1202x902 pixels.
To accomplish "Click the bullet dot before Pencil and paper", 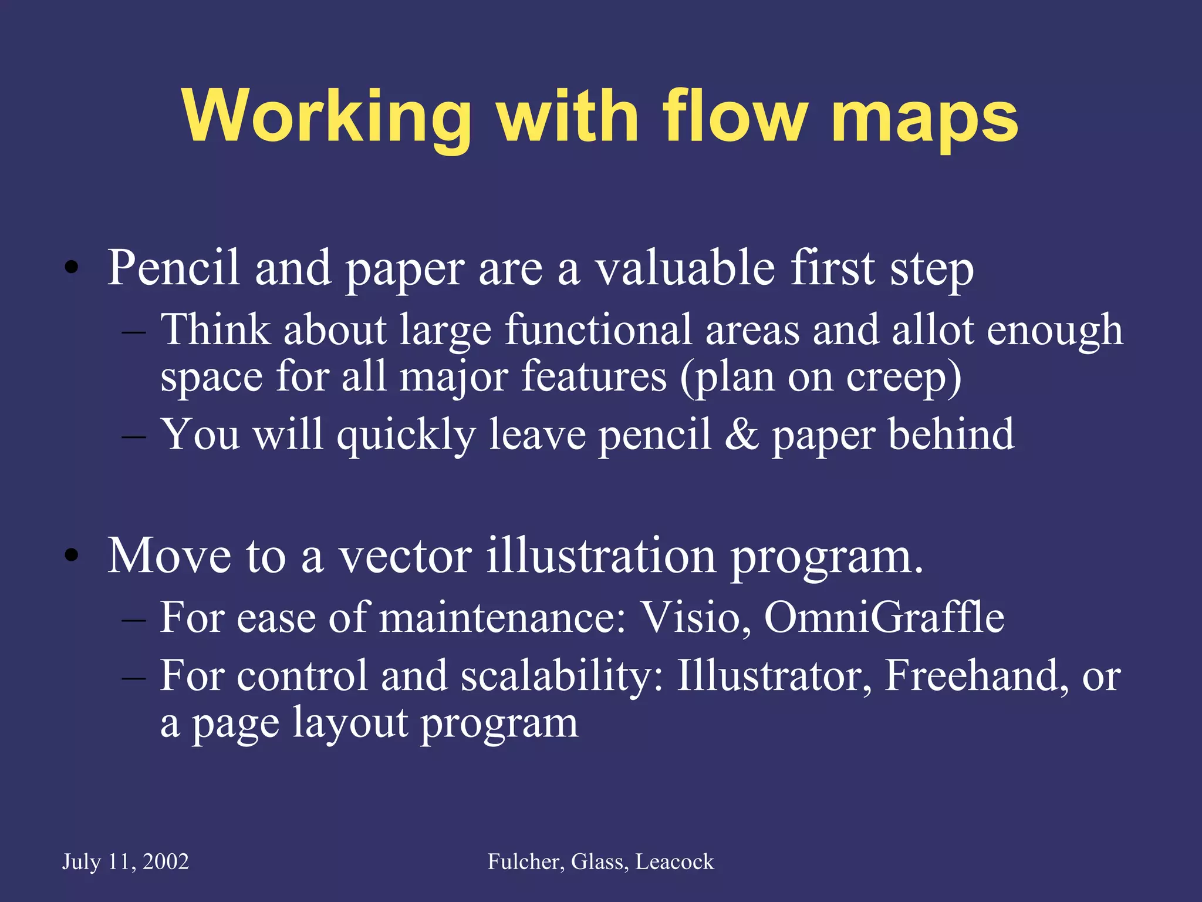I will click(72, 268).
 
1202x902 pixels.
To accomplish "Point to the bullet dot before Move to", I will click(72, 556).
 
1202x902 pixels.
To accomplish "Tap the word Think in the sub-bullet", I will click(215, 329).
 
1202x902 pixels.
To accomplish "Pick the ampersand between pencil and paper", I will click(741, 435).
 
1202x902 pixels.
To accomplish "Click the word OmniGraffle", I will click(884, 617).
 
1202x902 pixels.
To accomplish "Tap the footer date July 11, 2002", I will click(126, 861).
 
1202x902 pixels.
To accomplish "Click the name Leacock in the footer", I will click(674, 861).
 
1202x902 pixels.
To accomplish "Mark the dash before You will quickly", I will click(134, 437).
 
